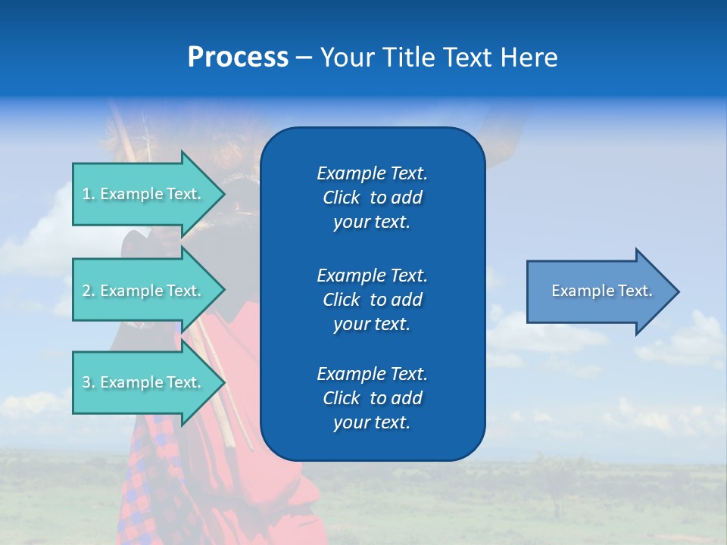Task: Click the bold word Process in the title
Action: coord(238,58)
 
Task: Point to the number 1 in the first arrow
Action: coord(87,195)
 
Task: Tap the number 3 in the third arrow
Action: coord(87,383)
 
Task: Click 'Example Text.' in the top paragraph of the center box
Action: coord(372,173)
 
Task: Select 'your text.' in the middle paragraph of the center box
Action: coord(372,324)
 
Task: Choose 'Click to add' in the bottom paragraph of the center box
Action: coord(372,398)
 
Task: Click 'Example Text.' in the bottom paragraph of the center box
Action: coord(372,374)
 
